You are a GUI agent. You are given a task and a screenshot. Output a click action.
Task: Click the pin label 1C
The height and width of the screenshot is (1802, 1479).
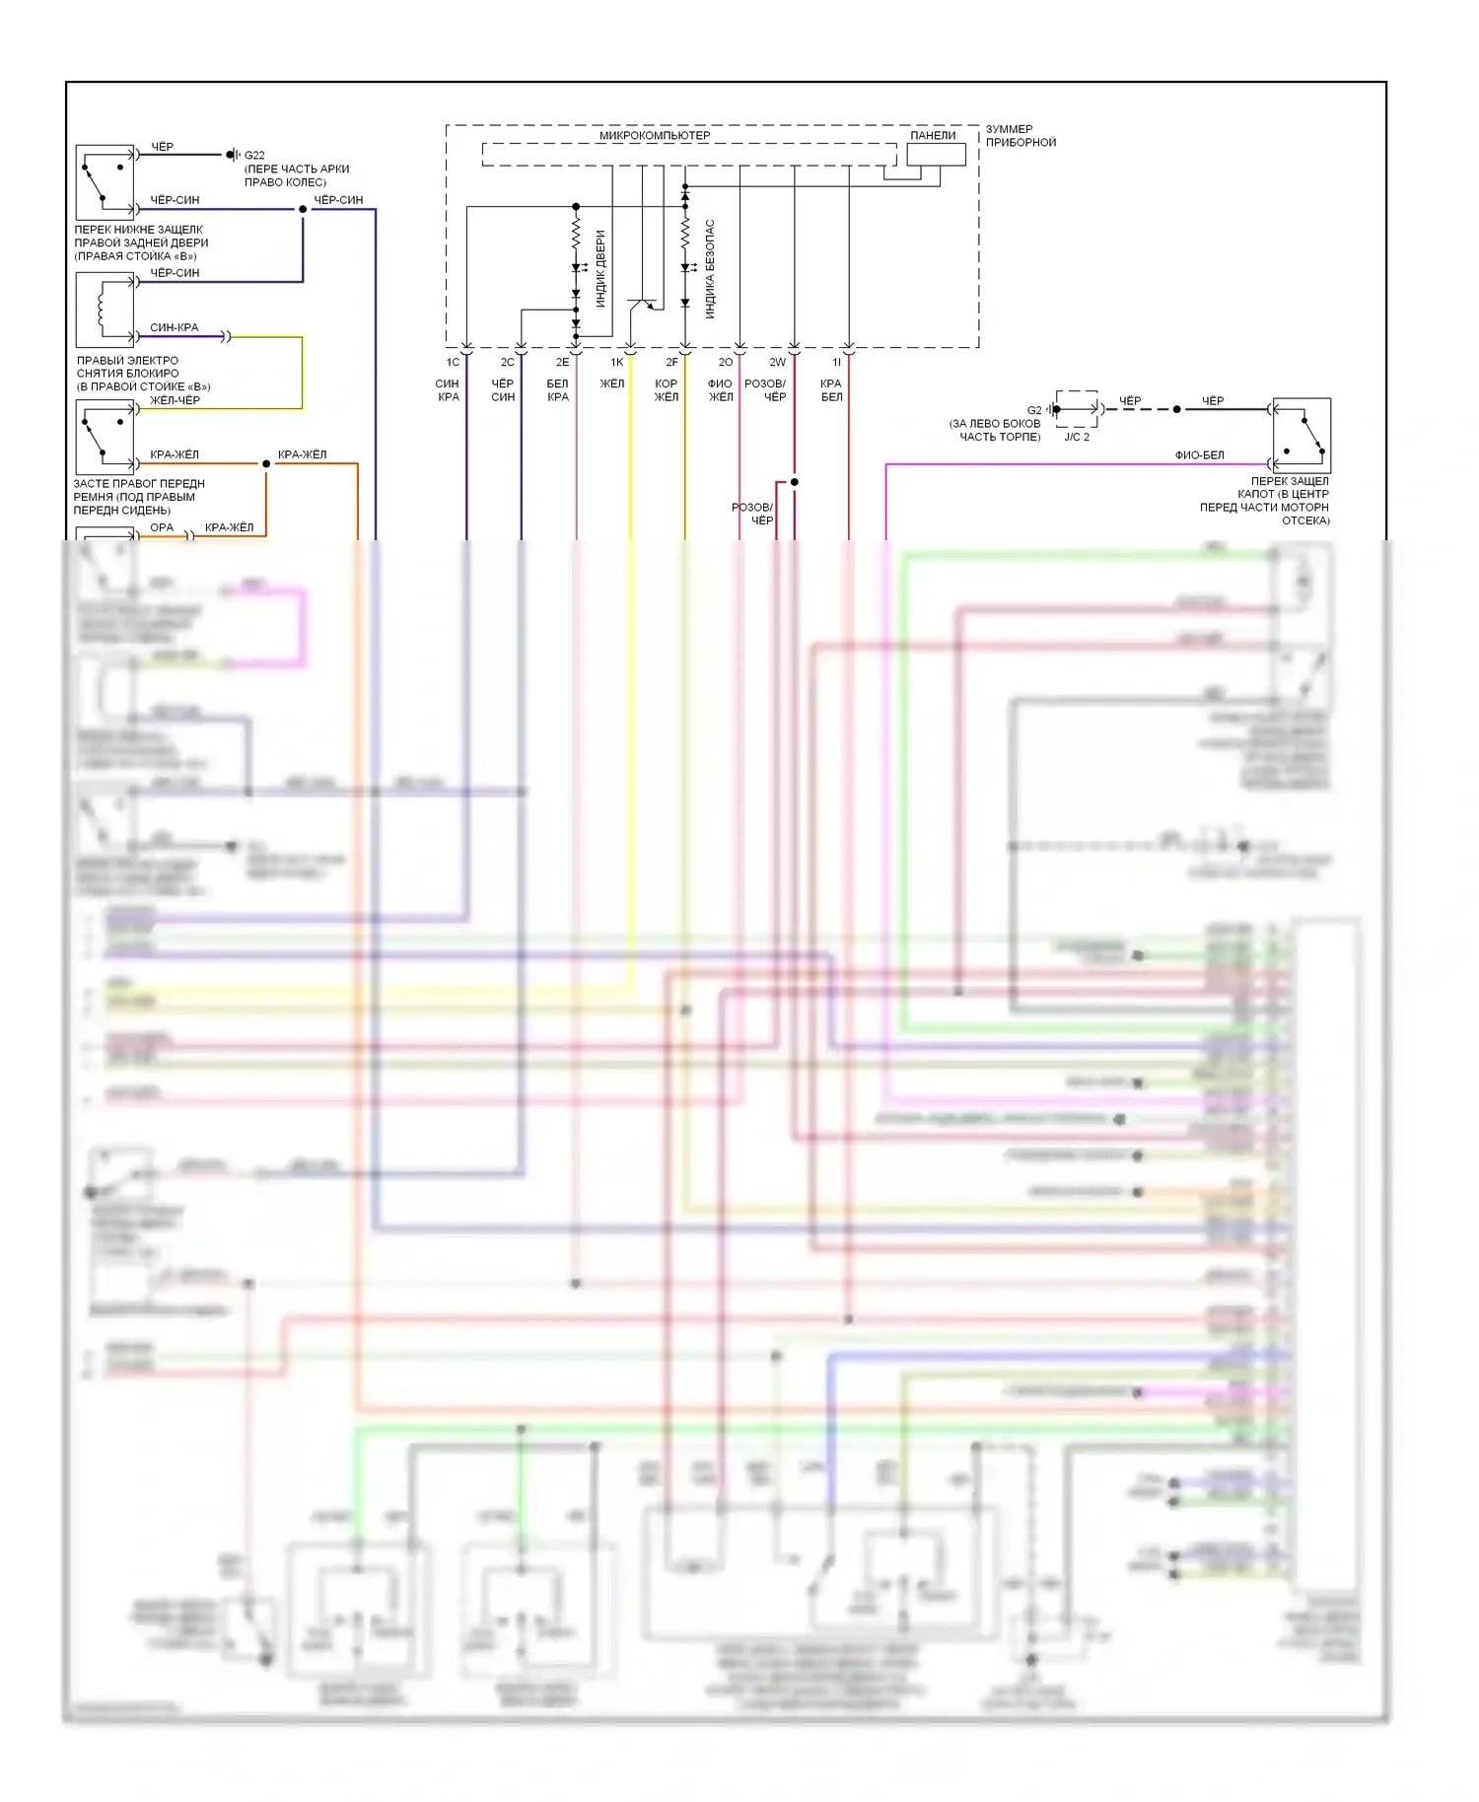(453, 363)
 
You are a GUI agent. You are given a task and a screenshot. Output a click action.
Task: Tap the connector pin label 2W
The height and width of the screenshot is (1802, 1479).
(778, 363)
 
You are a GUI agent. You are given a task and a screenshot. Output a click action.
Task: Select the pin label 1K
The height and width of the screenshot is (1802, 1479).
(617, 363)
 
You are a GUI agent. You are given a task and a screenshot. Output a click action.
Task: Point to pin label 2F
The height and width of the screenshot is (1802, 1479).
(671, 363)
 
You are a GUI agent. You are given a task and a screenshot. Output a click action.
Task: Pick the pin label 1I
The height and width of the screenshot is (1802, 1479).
(837, 363)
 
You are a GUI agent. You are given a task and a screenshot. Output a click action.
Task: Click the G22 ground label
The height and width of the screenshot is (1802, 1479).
(254, 155)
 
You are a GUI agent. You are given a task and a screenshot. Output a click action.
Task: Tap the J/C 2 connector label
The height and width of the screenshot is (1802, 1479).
(1077, 437)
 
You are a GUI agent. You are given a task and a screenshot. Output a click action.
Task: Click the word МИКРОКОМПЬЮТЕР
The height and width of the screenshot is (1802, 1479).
(655, 136)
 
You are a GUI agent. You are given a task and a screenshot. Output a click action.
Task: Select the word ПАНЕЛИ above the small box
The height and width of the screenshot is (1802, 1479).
(933, 136)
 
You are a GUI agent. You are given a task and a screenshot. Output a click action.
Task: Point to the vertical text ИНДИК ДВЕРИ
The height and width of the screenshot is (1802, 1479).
(600, 268)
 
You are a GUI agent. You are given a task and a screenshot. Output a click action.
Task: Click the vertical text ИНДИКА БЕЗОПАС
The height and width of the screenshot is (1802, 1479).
(710, 268)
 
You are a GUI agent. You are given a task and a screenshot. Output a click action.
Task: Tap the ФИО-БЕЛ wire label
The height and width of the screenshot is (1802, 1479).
(1199, 455)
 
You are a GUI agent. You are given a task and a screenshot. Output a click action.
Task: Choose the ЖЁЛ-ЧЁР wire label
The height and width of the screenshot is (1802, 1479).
(175, 400)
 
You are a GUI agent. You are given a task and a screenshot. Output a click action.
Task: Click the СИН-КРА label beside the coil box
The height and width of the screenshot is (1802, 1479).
(174, 327)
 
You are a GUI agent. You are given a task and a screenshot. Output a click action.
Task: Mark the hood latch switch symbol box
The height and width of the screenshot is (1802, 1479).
(1302, 435)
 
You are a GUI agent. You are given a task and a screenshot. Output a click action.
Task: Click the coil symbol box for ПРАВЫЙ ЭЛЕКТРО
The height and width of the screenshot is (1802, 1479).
(106, 310)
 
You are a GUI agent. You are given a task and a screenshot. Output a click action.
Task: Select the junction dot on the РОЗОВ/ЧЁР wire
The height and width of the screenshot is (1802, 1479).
(795, 482)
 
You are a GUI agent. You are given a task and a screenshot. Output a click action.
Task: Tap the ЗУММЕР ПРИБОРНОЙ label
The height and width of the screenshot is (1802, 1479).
(1021, 136)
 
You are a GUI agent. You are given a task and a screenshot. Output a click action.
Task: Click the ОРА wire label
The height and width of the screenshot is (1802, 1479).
(162, 528)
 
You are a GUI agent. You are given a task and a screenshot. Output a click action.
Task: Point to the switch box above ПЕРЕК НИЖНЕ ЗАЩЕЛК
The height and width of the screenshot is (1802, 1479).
(106, 182)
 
